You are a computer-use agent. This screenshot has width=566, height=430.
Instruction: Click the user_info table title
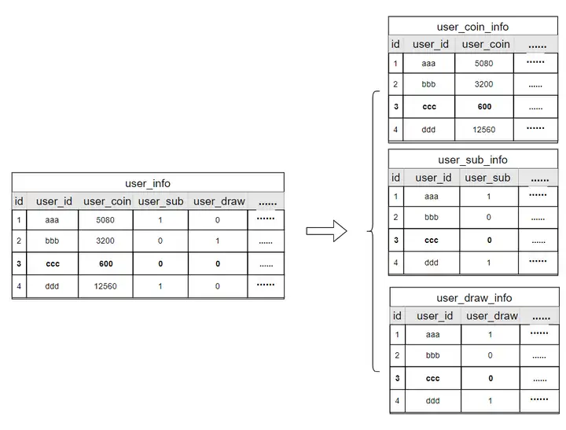coord(148,183)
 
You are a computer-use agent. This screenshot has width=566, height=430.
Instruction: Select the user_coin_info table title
coord(472,27)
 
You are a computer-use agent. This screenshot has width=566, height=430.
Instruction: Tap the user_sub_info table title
coord(472,160)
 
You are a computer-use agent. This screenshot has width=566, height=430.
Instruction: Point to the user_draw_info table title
coord(474,298)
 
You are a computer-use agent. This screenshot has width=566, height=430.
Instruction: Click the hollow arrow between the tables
coord(326,231)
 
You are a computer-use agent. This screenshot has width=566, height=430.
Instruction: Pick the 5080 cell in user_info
coord(105,221)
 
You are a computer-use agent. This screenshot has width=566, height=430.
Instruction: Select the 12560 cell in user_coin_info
coord(484,129)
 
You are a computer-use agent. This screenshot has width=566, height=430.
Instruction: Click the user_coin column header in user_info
coord(106,201)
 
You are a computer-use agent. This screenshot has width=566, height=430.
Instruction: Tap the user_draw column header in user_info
coord(219,201)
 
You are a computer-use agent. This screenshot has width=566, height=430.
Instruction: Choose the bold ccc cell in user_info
coord(53,264)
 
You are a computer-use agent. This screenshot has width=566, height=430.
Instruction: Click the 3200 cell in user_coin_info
coord(484,84)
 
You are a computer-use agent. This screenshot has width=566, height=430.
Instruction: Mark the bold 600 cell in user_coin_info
coord(484,107)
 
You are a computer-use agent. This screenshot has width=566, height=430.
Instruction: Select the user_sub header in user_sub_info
coord(487,178)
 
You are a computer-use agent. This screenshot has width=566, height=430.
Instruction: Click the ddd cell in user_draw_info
coord(432,401)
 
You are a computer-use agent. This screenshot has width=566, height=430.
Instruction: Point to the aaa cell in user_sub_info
coord(432,197)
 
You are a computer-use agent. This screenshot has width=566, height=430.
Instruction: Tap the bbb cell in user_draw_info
coord(432,355)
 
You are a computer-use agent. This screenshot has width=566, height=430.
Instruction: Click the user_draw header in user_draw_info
coord(491,316)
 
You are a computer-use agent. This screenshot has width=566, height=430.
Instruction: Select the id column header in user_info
coord(19,201)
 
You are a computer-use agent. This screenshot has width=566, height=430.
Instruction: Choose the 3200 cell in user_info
coord(105,242)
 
